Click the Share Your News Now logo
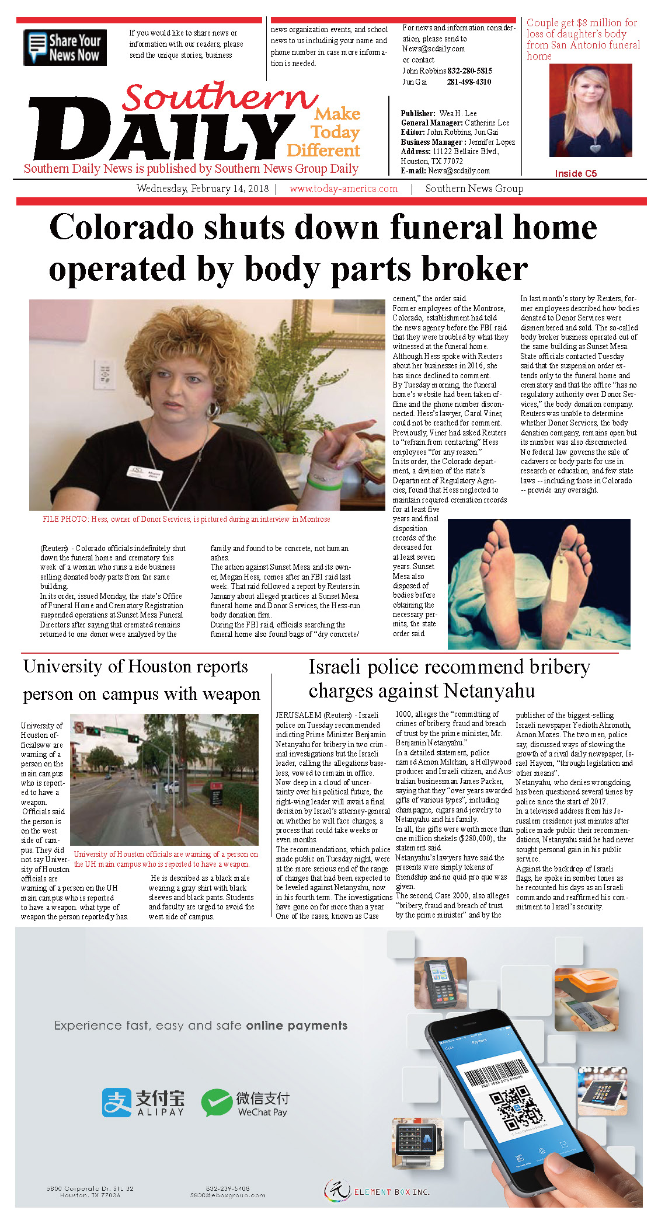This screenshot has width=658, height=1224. (65, 47)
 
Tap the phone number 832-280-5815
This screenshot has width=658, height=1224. (469, 71)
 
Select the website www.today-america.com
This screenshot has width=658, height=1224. (343, 189)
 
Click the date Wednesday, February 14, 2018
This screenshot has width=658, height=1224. (202, 189)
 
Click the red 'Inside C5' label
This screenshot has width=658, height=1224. (575, 173)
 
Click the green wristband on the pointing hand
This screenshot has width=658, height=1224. (325, 483)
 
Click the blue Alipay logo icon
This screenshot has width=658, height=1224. (117, 1103)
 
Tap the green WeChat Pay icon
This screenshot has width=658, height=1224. (217, 1103)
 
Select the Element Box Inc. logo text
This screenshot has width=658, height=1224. (392, 1191)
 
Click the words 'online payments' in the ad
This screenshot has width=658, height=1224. (296, 1026)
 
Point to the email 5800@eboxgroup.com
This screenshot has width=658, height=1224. (228, 1195)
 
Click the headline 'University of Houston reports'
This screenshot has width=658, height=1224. (135, 667)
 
